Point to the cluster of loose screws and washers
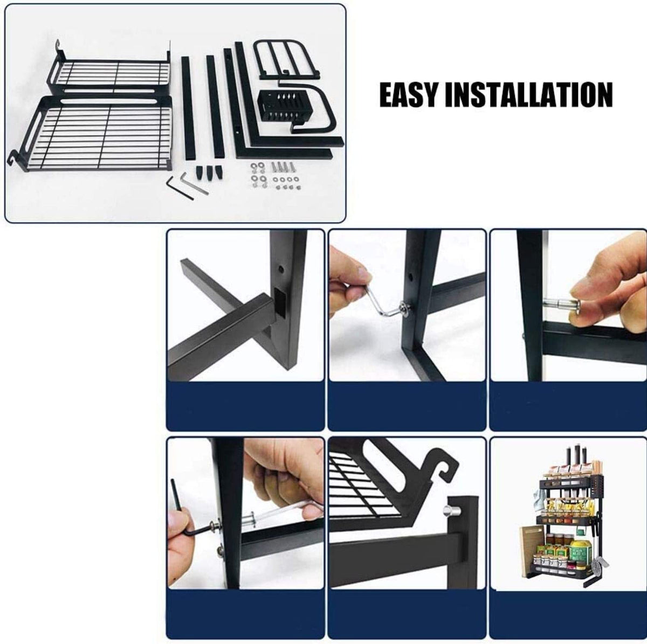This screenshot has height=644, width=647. [274, 175]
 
